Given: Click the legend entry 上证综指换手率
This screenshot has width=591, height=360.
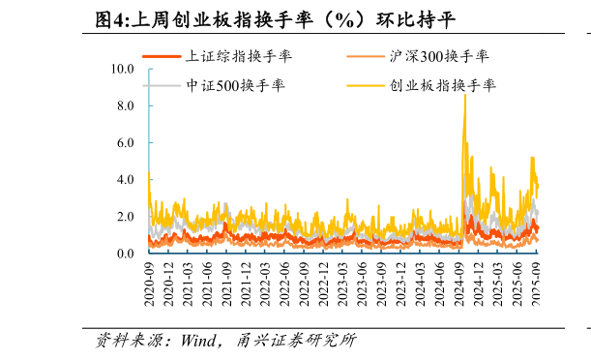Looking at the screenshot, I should [x=238, y=56].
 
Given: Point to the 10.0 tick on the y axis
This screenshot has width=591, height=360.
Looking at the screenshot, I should [x=123, y=70].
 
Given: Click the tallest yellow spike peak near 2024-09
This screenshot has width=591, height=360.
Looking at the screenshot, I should [x=465, y=95].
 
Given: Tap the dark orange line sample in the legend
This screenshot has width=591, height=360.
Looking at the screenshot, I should [x=162, y=56].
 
